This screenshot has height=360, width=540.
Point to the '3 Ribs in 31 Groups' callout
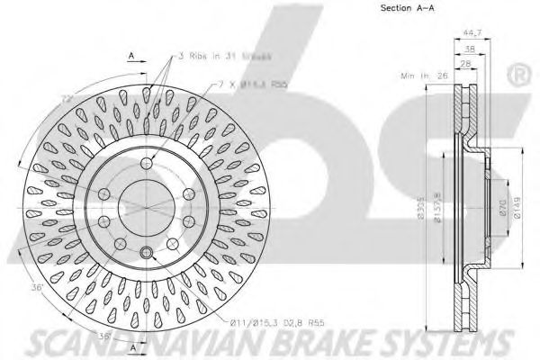215,55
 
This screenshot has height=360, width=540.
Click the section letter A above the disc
131,55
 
